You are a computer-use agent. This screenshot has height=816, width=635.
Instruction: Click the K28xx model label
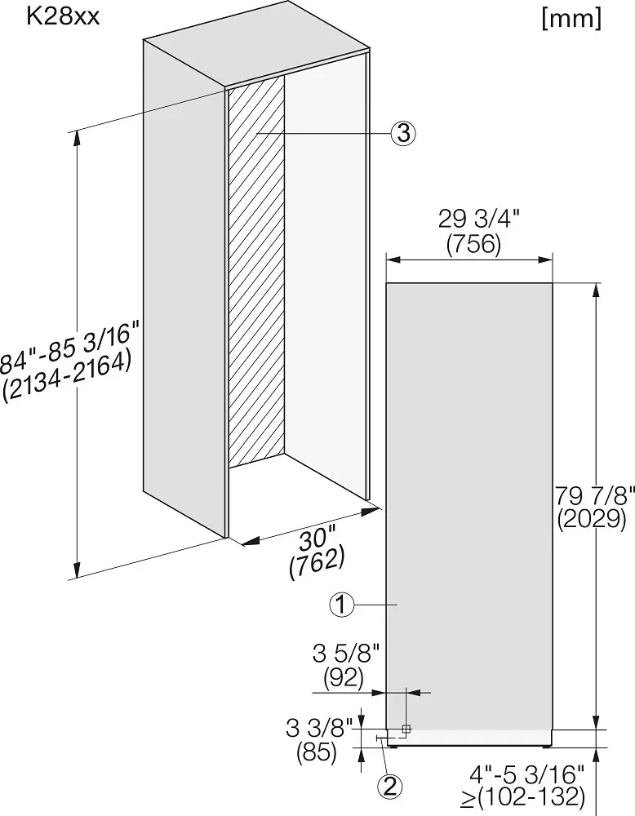pos(62,16)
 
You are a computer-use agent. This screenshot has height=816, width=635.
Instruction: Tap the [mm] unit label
pos(572,20)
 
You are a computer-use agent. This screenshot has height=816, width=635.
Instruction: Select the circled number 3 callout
pos(404,134)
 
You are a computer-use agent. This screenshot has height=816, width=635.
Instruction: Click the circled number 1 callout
pos(341,605)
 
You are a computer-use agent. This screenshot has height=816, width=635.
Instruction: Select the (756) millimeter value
pos(473,244)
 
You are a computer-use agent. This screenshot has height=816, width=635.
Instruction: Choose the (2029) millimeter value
pos(592,519)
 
